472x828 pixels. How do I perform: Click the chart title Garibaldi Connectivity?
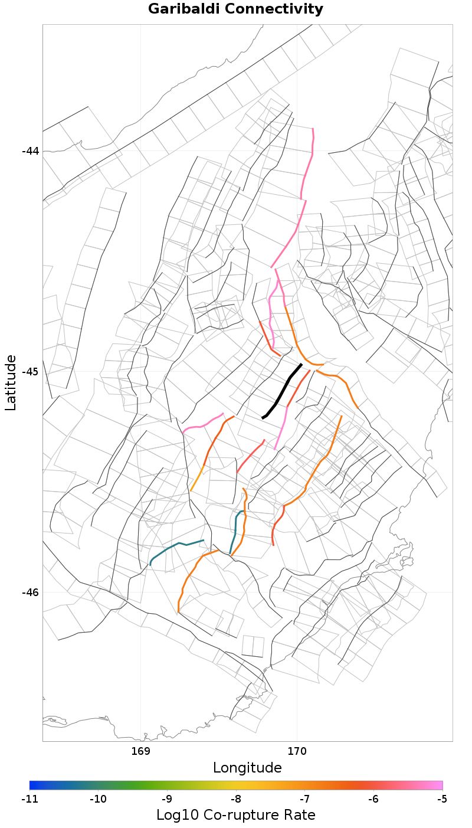pyautogui.click(x=235, y=9)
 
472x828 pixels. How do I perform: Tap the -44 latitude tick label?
pyautogui.click(x=30, y=150)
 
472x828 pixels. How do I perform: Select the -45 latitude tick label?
pyautogui.click(x=30, y=372)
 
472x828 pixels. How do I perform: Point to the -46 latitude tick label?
pyautogui.click(x=30, y=593)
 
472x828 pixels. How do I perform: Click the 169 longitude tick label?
pyautogui.click(x=141, y=751)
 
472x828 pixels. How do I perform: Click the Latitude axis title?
pyautogui.click(x=11, y=382)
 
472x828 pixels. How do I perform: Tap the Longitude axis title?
pyautogui.click(x=247, y=768)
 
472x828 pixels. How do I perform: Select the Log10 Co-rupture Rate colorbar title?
pyautogui.click(x=235, y=815)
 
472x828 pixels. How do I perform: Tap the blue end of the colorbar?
pyautogui.click(x=33, y=785)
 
